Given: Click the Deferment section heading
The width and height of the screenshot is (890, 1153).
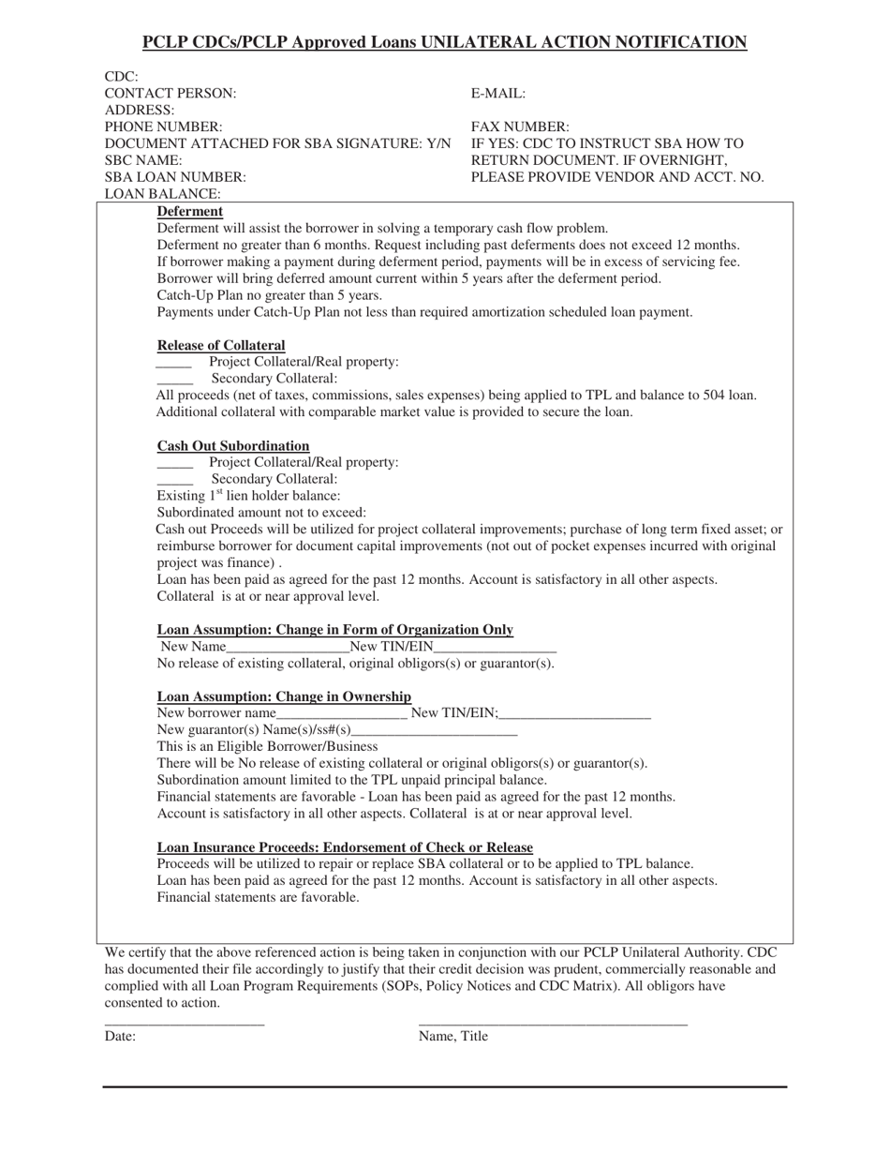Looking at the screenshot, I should [190, 212].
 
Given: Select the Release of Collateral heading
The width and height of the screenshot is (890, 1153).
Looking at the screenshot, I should [221, 345].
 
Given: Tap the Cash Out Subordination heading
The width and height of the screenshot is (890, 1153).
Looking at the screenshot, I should [233, 446].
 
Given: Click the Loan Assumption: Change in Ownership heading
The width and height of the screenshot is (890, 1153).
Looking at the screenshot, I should [284, 696].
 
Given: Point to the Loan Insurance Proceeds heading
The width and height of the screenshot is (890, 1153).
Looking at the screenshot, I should [345, 847].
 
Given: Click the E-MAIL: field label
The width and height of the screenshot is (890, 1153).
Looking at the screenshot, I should [498, 94].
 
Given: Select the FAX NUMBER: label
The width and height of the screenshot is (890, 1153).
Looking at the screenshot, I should [520, 127].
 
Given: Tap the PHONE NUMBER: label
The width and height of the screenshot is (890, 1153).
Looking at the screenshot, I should [164, 127].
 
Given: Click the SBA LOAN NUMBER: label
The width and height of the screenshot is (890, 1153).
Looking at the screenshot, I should [175, 177].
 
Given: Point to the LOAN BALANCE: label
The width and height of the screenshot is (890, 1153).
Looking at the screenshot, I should [163, 194].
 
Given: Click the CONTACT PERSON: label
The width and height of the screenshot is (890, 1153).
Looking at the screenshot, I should [171, 94].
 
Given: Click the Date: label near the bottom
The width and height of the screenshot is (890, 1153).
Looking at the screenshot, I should [120, 1037].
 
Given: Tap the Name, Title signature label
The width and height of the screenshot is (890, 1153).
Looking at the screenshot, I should [453, 1037].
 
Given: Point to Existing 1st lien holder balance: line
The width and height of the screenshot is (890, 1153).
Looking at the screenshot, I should [248, 496].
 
